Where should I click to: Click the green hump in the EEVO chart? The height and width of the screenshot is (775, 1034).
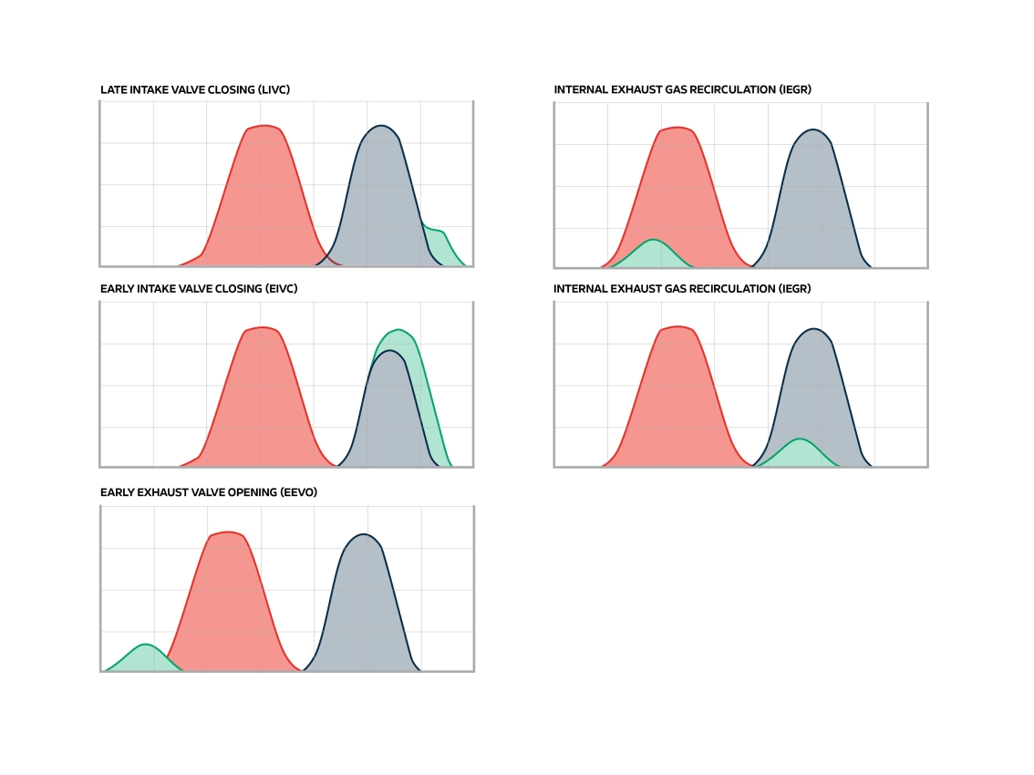pyautogui.click(x=144, y=658)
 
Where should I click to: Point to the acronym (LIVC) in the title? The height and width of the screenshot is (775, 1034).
pyautogui.click(x=274, y=89)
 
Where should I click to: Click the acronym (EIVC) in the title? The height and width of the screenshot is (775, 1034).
pyautogui.click(x=280, y=289)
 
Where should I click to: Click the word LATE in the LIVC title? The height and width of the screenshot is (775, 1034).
pyautogui.click(x=112, y=89)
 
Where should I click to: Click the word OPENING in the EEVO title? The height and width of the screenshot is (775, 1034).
pyautogui.click(x=253, y=492)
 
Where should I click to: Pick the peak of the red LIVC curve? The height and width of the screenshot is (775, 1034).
pyautogui.click(x=264, y=126)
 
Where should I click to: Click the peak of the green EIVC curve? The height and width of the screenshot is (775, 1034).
pyautogui.click(x=397, y=330)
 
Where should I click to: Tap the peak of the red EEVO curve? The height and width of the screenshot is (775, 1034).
pyautogui.click(x=229, y=532)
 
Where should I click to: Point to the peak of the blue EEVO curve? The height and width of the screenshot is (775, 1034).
pyautogui.click(x=364, y=534)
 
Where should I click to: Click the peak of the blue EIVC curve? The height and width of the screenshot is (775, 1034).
pyautogui.click(x=389, y=351)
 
